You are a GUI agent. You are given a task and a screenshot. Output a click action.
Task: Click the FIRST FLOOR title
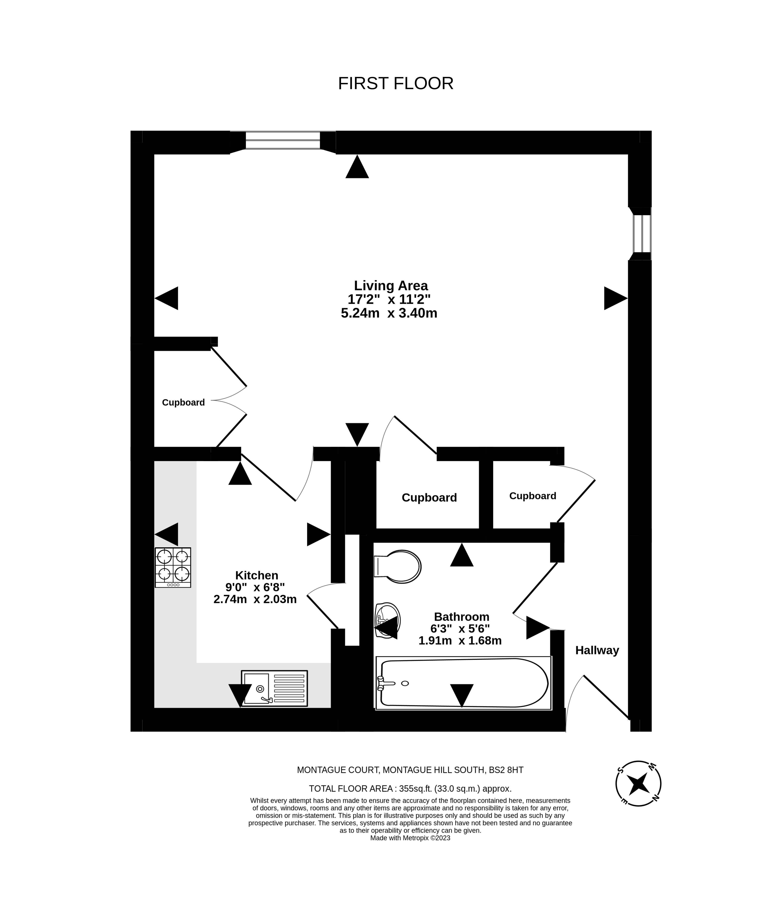pos(396,83)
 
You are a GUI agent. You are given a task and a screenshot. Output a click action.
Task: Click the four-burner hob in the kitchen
pos(173,567)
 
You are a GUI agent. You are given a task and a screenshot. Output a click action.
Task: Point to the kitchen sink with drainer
pos(274,688)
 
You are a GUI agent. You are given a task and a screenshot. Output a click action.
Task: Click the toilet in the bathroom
pos(398,566)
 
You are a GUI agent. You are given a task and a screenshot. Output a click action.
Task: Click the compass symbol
pos(638,784)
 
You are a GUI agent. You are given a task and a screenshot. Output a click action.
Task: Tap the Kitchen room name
pos(256,575)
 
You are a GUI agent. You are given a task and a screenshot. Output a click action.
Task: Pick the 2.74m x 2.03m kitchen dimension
pos(255,599)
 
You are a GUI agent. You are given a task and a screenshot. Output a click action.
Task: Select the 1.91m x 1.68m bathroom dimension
pos(460,641)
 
